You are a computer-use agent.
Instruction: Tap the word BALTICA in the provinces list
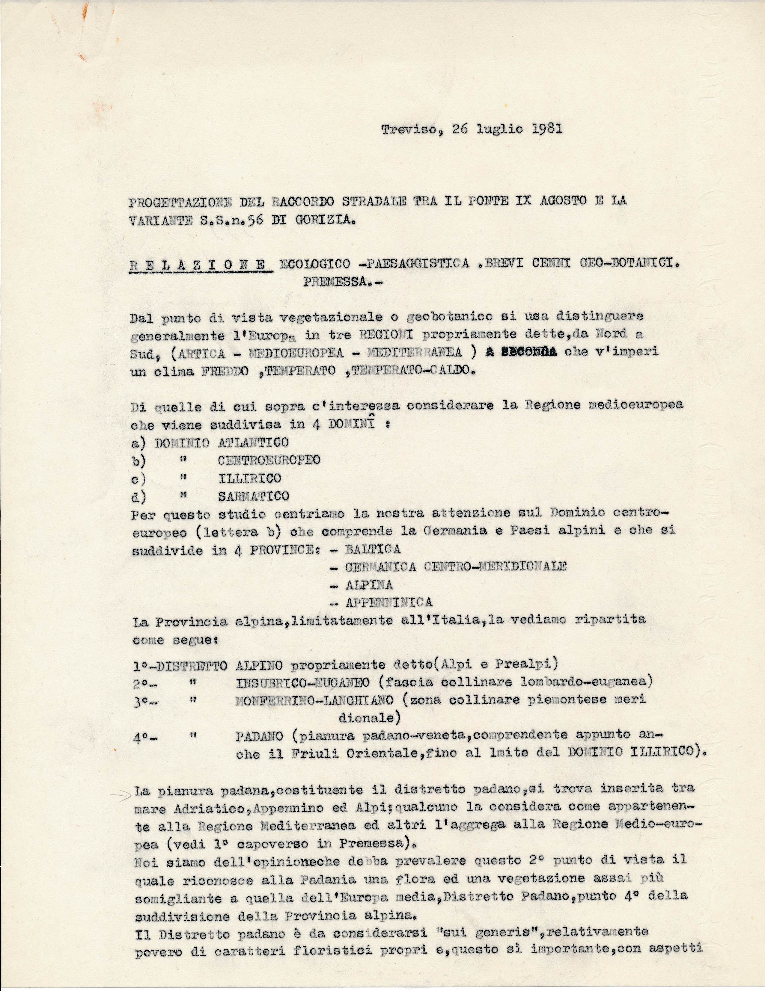pos(372,549)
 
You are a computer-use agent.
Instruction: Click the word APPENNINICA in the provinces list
pos(388,602)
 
